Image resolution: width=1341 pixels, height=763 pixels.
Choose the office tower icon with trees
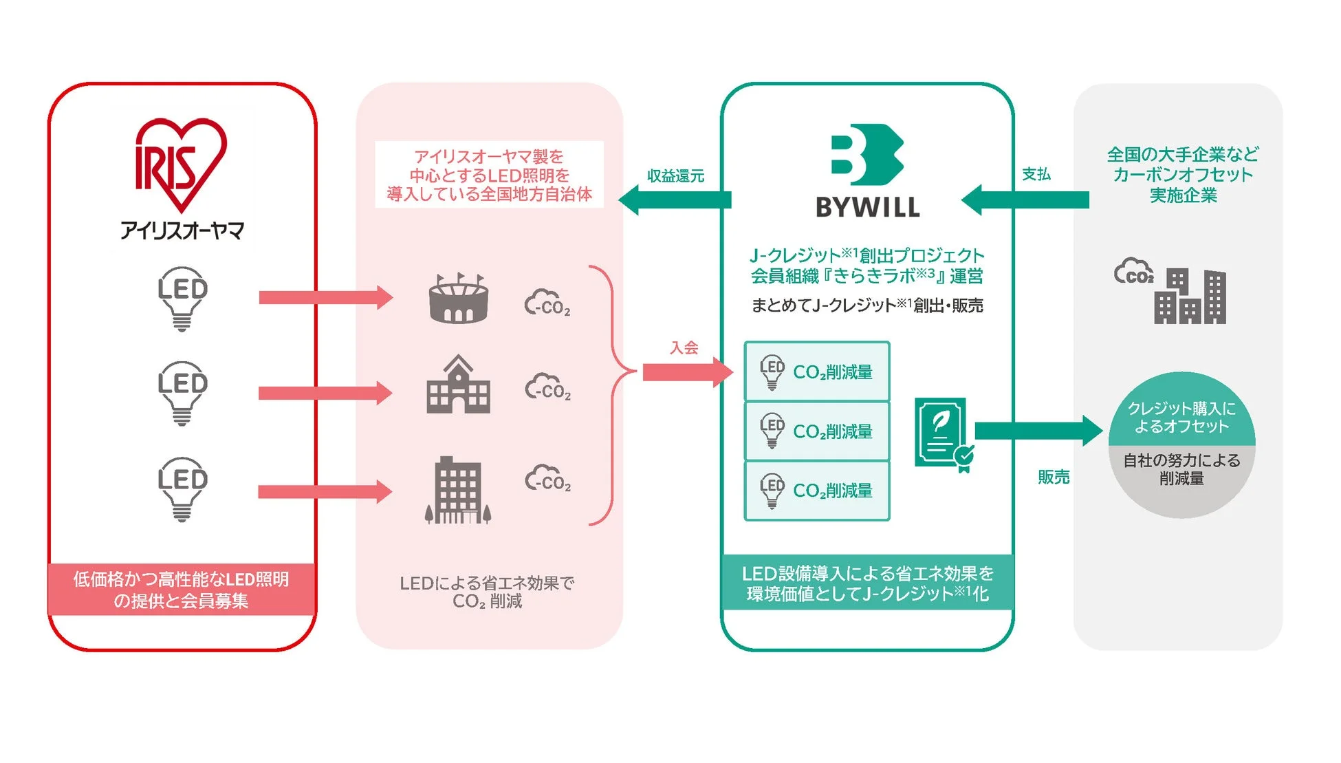point(458,490)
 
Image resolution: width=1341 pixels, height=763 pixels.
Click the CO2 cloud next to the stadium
point(547,303)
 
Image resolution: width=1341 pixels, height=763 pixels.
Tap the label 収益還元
point(675,176)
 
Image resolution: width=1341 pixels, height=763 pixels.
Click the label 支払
point(1036,175)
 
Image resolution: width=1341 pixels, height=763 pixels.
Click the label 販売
point(1053,477)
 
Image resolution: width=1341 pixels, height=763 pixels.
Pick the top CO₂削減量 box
point(817,372)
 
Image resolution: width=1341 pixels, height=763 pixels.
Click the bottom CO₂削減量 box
point(817,491)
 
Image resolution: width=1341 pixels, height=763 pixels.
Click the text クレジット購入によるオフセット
point(1181,417)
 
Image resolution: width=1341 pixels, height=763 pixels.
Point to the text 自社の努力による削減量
point(1181,469)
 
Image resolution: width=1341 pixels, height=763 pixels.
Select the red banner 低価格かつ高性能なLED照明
point(182,589)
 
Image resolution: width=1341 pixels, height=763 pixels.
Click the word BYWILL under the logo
point(867,207)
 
